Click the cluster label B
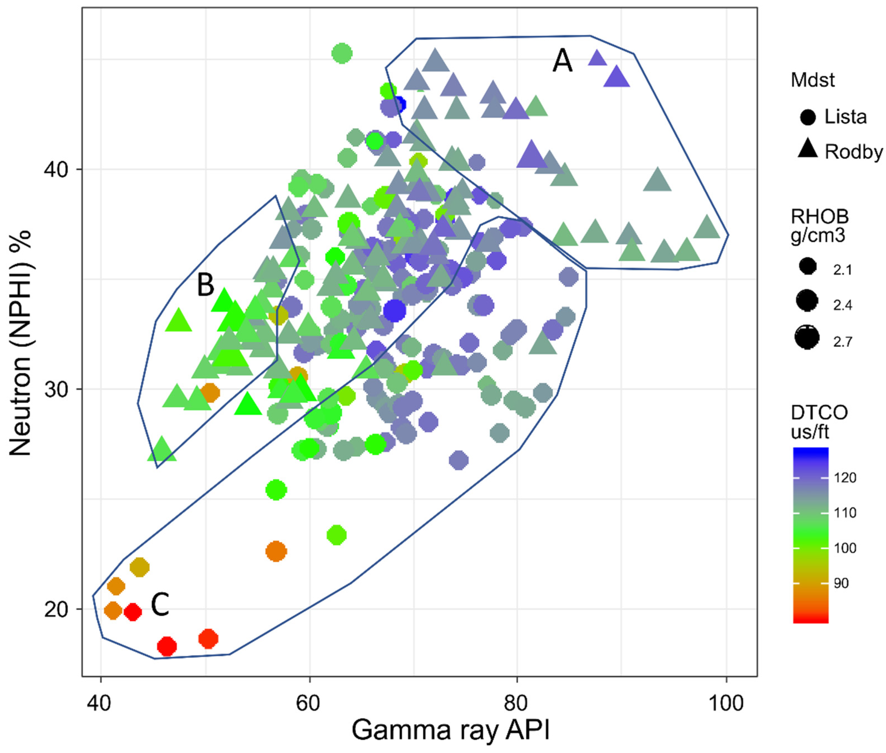coord(205,285)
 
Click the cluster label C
coord(160,605)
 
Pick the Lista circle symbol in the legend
coord(808,117)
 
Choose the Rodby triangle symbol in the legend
coord(808,150)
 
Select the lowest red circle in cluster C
coord(167,646)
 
